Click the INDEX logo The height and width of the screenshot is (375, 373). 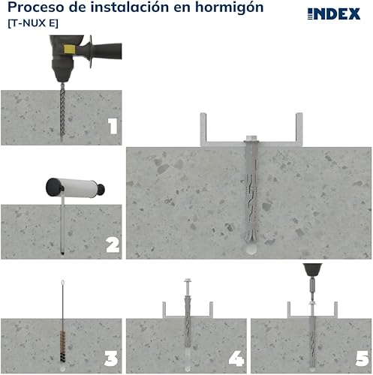click(334, 13)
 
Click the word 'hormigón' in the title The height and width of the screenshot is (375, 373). click(229, 7)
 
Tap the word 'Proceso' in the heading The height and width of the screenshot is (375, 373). click(36, 7)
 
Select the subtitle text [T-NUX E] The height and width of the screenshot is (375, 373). click(33, 23)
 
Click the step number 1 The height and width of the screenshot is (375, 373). click(113, 126)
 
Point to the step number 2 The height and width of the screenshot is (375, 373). click(113, 244)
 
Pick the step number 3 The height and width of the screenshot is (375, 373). click(111, 358)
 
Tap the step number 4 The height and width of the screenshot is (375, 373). click(236, 358)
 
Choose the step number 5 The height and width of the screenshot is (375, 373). click(362, 358)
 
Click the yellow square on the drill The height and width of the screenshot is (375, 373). click(68, 49)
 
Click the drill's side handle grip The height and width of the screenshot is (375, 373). click(107, 51)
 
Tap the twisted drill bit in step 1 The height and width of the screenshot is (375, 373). click(62, 110)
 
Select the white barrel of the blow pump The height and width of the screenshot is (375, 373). click(78, 188)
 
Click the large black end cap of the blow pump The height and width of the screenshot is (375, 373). click(53, 187)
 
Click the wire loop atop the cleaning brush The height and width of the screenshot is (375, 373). click(63, 283)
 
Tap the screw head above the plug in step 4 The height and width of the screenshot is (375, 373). click(188, 280)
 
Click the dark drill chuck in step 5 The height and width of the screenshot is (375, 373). click(312, 269)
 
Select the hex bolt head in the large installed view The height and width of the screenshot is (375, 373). click(251, 138)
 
